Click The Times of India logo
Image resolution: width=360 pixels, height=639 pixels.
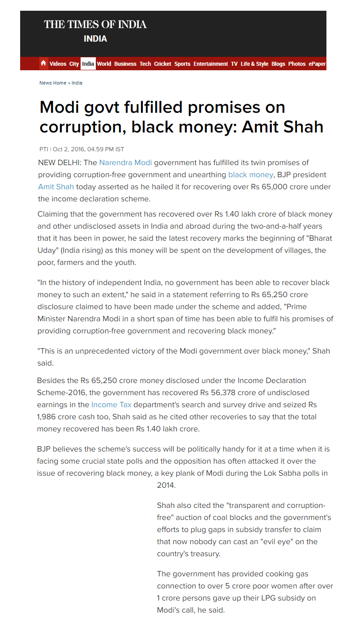[x=95, y=25]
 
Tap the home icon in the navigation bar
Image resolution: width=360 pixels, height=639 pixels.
[x=43, y=64]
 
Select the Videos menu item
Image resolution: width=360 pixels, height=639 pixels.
[x=58, y=64]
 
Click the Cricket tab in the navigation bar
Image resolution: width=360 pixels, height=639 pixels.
[x=163, y=64]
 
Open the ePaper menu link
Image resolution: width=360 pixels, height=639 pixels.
[x=317, y=64]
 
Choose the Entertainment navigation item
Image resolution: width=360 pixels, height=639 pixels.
[x=210, y=64]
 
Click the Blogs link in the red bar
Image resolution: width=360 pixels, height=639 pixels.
[x=278, y=64]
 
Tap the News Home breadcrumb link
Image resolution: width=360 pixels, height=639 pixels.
[x=53, y=83]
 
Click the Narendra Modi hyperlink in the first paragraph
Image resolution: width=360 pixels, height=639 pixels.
[x=125, y=162]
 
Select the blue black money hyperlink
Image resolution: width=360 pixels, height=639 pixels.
[x=250, y=175]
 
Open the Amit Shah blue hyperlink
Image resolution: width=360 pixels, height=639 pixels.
[x=56, y=187]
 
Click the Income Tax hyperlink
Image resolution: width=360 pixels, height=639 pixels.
[x=111, y=405]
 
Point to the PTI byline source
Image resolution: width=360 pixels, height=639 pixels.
[x=43, y=149]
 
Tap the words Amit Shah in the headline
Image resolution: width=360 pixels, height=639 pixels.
[x=283, y=127]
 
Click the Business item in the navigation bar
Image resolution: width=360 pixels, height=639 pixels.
[x=125, y=64]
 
